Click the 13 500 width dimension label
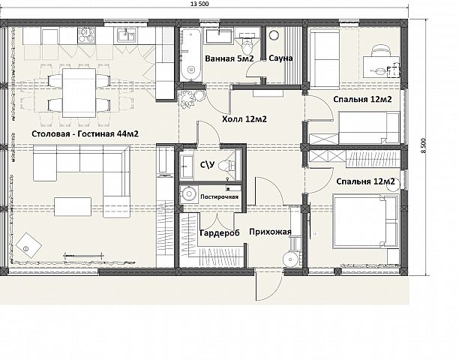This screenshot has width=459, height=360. click(x=199, y=4)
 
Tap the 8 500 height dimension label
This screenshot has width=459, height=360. click(x=424, y=146)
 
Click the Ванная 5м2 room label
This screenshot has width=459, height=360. click(x=229, y=58)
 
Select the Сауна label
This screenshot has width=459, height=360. click(x=280, y=58)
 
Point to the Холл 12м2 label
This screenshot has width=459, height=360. click(x=244, y=119)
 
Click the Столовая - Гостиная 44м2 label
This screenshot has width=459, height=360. click(x=85, y=133)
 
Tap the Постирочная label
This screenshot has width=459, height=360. click(x=219, y=196)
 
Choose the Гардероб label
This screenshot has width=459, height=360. click(x=220, y=232)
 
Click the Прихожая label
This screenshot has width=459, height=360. click(x=270, y=232)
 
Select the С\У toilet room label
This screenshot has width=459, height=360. click(x=207, y=165)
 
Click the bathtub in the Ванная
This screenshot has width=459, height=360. click(x=190, y=55)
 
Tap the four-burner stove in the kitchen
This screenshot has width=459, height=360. click(x=86, y=35)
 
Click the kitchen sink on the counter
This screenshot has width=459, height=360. click(x=126, y=34)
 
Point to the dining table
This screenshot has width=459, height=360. click(x=79, y=92)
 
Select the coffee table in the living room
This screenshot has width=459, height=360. click(x=73, y=207)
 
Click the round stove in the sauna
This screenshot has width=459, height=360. click(x=274, y=35)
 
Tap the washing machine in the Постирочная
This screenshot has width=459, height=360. click(x=189, y=193)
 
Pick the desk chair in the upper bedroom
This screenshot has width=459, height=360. click(x=381, y=50)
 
